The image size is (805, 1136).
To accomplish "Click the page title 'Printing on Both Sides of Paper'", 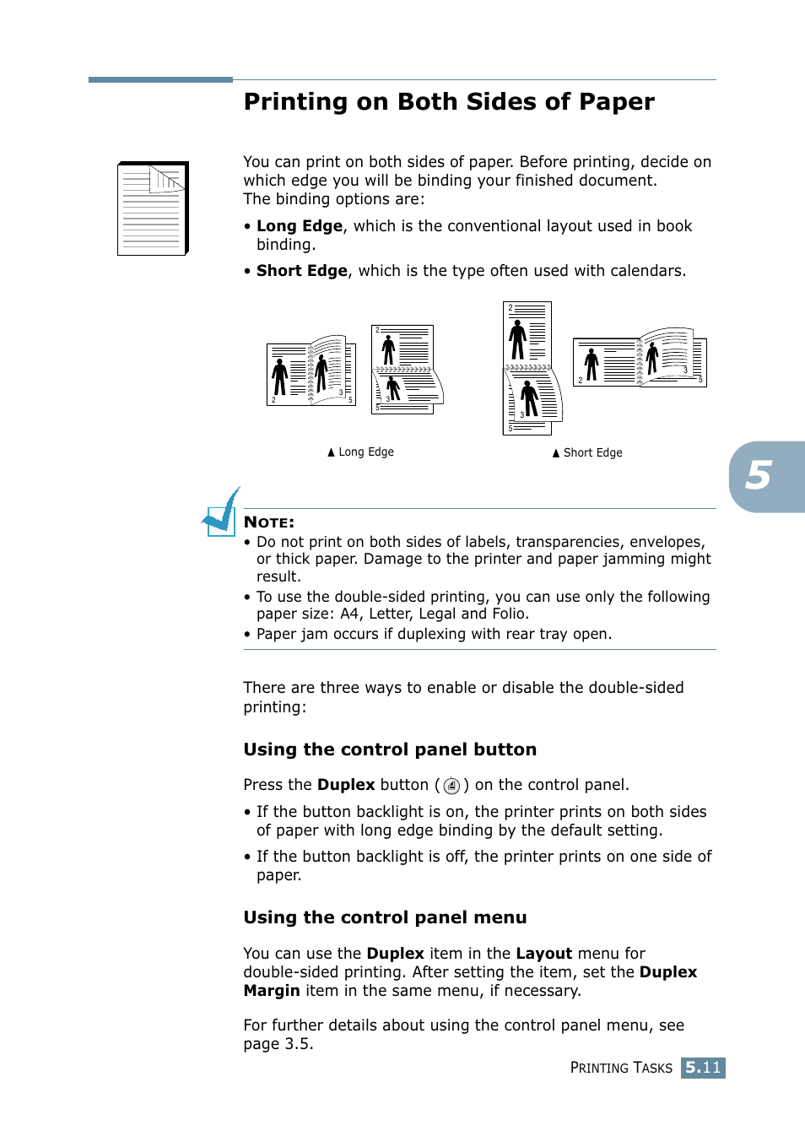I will (x=449, y=102).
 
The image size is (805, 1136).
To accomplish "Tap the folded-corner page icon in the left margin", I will (x=153, y=208).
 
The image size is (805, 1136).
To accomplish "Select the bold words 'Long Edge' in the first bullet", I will (x=300, y=226).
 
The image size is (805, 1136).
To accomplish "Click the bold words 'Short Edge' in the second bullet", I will (x=302, y=271).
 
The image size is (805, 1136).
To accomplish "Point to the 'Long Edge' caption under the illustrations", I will (x=361, y=452).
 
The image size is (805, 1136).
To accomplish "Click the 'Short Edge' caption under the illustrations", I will (x=588, y=453).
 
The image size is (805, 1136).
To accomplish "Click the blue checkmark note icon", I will (x=221, y=511).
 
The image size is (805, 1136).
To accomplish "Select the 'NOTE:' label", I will (x=269, y=522).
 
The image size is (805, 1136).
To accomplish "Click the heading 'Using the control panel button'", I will (x=390, y=749).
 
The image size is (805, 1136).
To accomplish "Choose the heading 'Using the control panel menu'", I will (x=385, y=917).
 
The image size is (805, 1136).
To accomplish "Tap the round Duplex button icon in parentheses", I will (x=451, y=786).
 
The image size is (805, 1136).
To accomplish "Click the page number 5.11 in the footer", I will (x=703, y=1068).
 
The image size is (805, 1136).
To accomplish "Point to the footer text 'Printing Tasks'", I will (x=621, y=1068).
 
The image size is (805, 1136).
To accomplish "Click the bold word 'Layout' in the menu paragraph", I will (x=544, y=954).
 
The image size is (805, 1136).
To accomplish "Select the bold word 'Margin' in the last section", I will (x=272, y=991).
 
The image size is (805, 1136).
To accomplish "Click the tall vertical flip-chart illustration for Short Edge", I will (x=530, y=368).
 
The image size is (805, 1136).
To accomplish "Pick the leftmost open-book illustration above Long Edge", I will (x=311, y=371).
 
